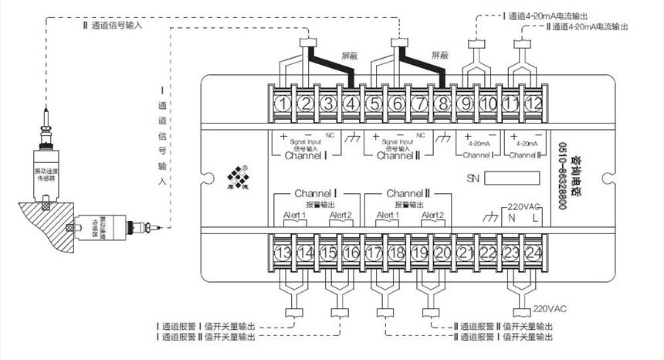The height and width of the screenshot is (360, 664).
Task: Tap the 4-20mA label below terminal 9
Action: coord(477,143)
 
